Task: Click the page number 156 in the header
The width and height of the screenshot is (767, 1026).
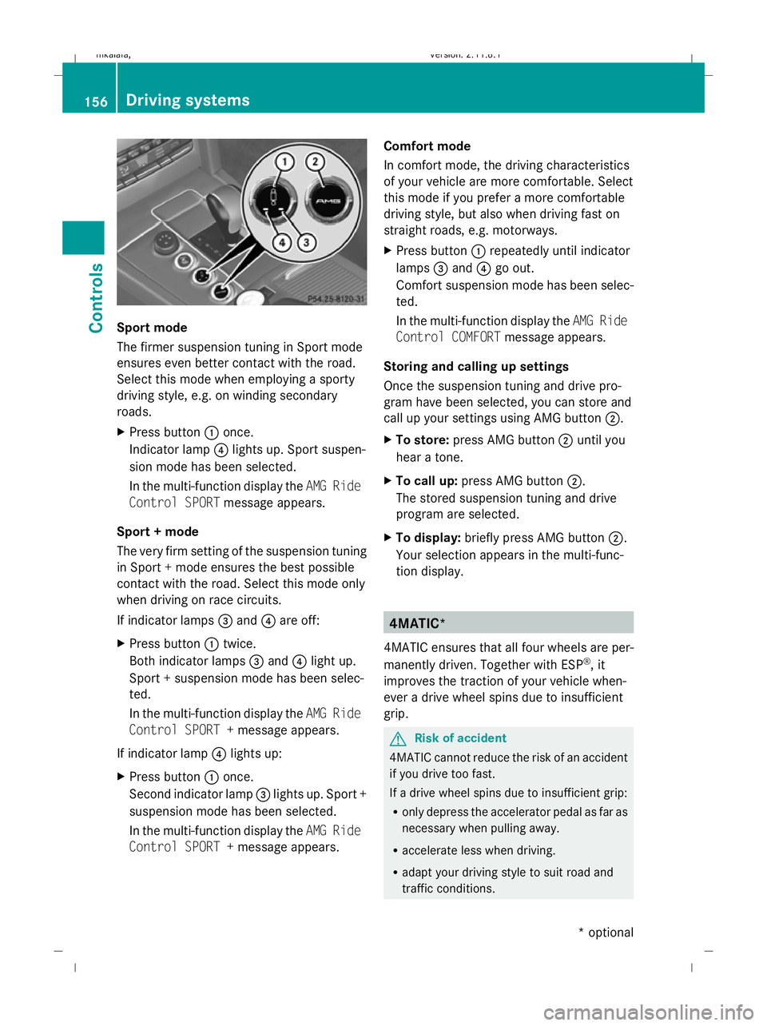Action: [96, 101]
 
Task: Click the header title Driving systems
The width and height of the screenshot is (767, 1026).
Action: [188, 100]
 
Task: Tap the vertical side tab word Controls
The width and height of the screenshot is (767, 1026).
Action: [96, 297]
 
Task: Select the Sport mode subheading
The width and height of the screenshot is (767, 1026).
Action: [152, 328]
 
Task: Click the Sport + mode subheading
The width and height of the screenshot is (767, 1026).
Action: [157, 531]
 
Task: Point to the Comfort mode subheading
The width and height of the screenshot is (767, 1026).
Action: [427, 146]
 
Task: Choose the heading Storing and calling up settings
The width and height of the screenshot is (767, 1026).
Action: [475, 367]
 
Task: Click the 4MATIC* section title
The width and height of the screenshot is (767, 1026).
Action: [414, 623]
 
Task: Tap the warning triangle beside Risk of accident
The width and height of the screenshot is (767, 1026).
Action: [398, 739]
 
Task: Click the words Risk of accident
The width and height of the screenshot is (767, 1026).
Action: [460, 738]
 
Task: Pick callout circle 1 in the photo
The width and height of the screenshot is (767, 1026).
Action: [284, 162]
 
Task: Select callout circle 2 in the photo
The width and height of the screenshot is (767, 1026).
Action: [316, 161]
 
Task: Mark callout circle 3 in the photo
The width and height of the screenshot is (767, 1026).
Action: [306, 242]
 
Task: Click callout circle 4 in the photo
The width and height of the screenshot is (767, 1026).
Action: [282, 242]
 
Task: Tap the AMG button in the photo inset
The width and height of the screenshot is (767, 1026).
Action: [328, 201]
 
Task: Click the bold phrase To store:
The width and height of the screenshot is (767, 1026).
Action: [422, 440]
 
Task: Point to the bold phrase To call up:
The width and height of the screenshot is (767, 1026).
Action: [427, 481]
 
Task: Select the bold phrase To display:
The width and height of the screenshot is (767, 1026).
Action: [428, 538]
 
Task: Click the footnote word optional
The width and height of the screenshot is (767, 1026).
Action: [610, 933]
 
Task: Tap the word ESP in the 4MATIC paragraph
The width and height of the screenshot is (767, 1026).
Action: [571, 665]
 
